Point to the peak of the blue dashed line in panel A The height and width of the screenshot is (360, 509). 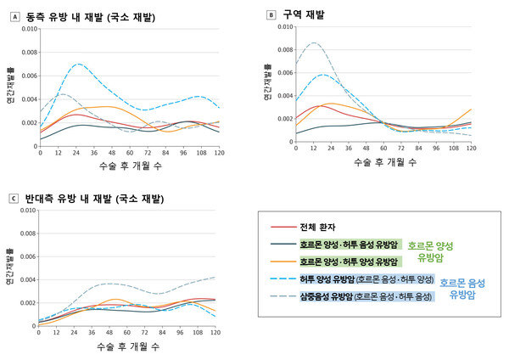pos(79,65)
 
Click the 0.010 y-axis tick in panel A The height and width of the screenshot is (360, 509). pos(25,29)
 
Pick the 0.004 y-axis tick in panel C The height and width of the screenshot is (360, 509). pos(25,279)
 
